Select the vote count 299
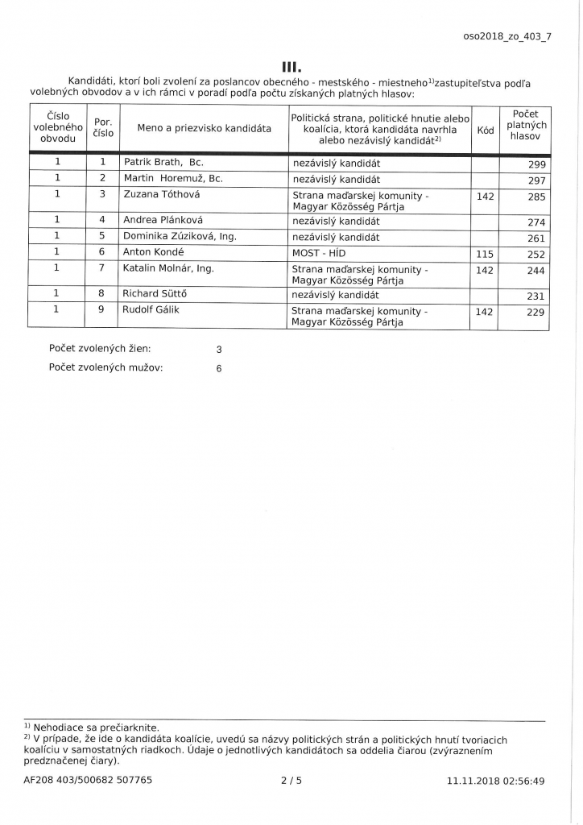click(x=535, y=164)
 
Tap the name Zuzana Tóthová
click(x=162, y=194)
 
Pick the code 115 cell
click(x=485, y=253)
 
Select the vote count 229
click(x=535, y=313)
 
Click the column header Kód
click(x=486, y=129)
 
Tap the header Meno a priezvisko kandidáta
click(x=205, y=129)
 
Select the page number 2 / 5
click(x=291, y=780)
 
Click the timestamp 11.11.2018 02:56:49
click(x=495, y=780)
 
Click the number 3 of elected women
click(x=219, y=350)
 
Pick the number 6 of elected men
click(x=219, y=368)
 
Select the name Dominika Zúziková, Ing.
click(x=179, y=237)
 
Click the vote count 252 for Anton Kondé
click(x=535, y=255)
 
